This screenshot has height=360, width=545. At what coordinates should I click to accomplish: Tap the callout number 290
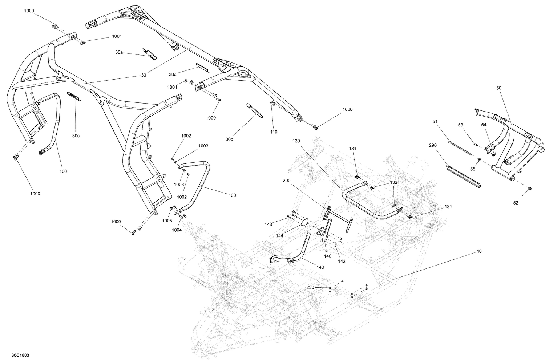point(433,145)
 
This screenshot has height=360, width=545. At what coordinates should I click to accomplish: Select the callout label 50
point(498,88)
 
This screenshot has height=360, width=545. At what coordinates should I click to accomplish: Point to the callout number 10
point(479,251)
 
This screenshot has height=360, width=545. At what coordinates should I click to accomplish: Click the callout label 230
point(310,287)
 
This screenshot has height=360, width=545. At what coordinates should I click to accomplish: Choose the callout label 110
point(274,132)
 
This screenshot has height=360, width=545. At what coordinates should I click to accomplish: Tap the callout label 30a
point(119,52)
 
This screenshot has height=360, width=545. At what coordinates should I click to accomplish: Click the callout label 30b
point(229,139)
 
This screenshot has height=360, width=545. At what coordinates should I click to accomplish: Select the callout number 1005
point(167,221)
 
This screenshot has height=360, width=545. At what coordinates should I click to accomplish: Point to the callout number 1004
point(177,230)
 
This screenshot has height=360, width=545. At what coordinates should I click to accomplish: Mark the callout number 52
point(516,203)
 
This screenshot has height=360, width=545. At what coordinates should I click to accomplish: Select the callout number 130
point(296,140)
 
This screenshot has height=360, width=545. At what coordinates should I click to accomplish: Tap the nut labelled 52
point(529,188)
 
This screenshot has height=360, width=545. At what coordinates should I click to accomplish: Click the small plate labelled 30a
point(150,53)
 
